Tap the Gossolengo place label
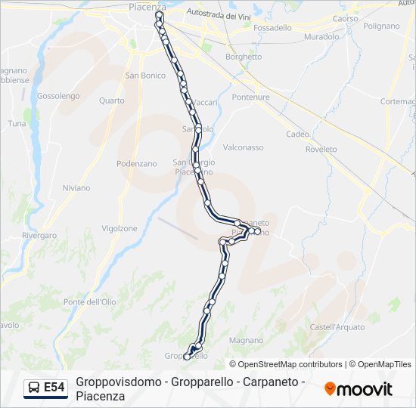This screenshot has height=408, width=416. pos(58,96)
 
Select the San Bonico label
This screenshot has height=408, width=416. pos(145,76)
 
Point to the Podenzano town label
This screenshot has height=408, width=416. pos(136,164)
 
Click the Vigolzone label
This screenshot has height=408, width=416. pos(120,228)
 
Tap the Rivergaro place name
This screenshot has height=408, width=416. pos(39,236)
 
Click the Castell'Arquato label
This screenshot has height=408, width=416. pos(337,327)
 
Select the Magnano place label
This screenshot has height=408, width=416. pos(246,341)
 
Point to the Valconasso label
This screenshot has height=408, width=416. pos(244,147)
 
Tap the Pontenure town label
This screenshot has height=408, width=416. pos(251,97)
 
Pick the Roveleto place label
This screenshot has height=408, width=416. pos(321,150)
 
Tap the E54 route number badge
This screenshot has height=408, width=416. pos(54,388)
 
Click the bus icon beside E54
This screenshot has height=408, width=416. pos(34,388)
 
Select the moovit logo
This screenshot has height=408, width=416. pos(359,389)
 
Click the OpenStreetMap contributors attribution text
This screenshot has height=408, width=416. pos(290,364)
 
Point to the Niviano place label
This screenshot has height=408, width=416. pos(77,188)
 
